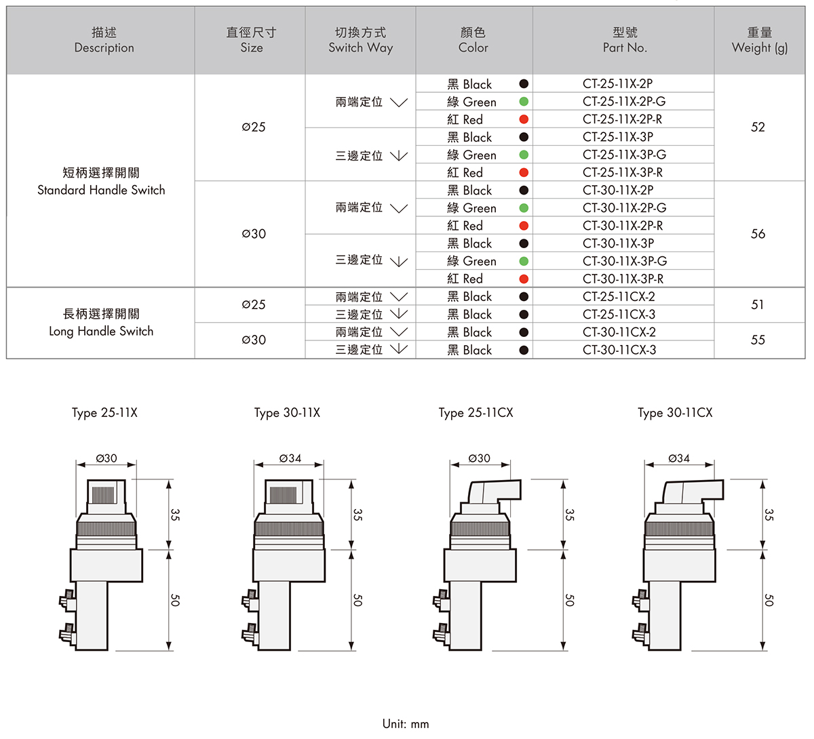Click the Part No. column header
[624, 40]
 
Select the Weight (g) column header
[759, 40]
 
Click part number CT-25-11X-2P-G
[623, 102]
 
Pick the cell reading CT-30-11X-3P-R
[623, 279]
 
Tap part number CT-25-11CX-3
[619, 315]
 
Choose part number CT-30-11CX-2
[619, 332]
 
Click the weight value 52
[758, 127]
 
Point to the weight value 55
[758, 340]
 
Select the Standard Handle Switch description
[101, 182]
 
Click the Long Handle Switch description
[101, 323]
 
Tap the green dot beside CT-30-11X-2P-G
[524, 208]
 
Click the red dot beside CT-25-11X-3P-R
[524, 173]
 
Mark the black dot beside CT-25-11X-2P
[524, 84]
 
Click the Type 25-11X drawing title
[104, 413]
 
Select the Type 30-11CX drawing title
[675, 413]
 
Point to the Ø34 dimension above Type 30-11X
[290, 458]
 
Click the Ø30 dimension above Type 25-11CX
[479, 458]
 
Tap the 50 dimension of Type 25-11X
[175, 600]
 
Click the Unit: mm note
[406, 723]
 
